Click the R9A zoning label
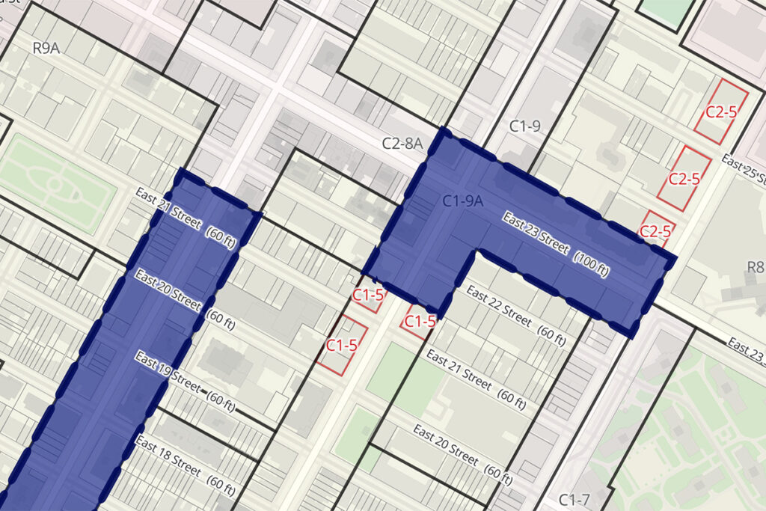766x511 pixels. (46, 49)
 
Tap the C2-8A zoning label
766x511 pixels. (402, 143)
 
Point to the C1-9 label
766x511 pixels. (524, 126)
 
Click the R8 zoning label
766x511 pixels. (755, 267)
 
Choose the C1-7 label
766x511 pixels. (574, 499)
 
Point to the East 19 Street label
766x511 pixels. (167, 371)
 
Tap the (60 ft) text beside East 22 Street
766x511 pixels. (551, 335)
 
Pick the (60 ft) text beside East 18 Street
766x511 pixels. (220, 486)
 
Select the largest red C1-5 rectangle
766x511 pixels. (342, 345)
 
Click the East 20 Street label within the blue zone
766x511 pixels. (168, 290)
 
